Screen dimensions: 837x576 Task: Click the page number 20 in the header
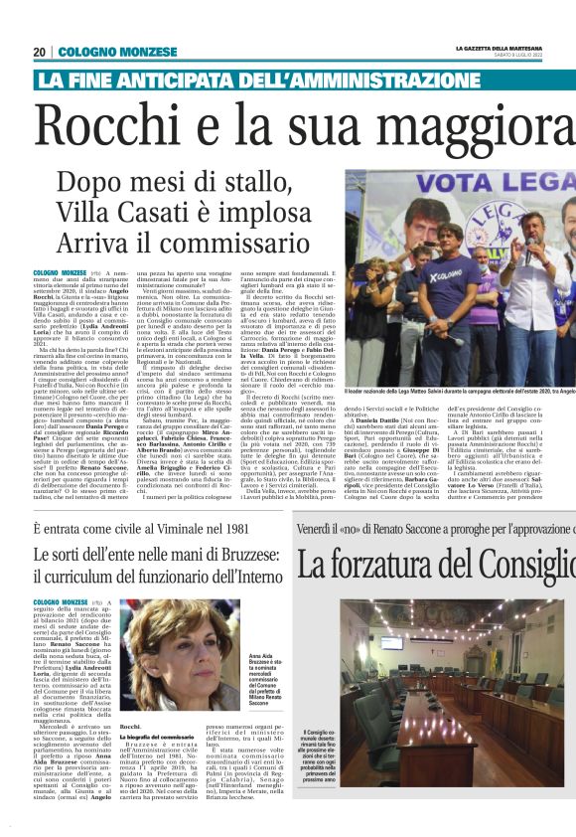point(40,52)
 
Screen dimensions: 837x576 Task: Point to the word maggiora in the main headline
point(477,129)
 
